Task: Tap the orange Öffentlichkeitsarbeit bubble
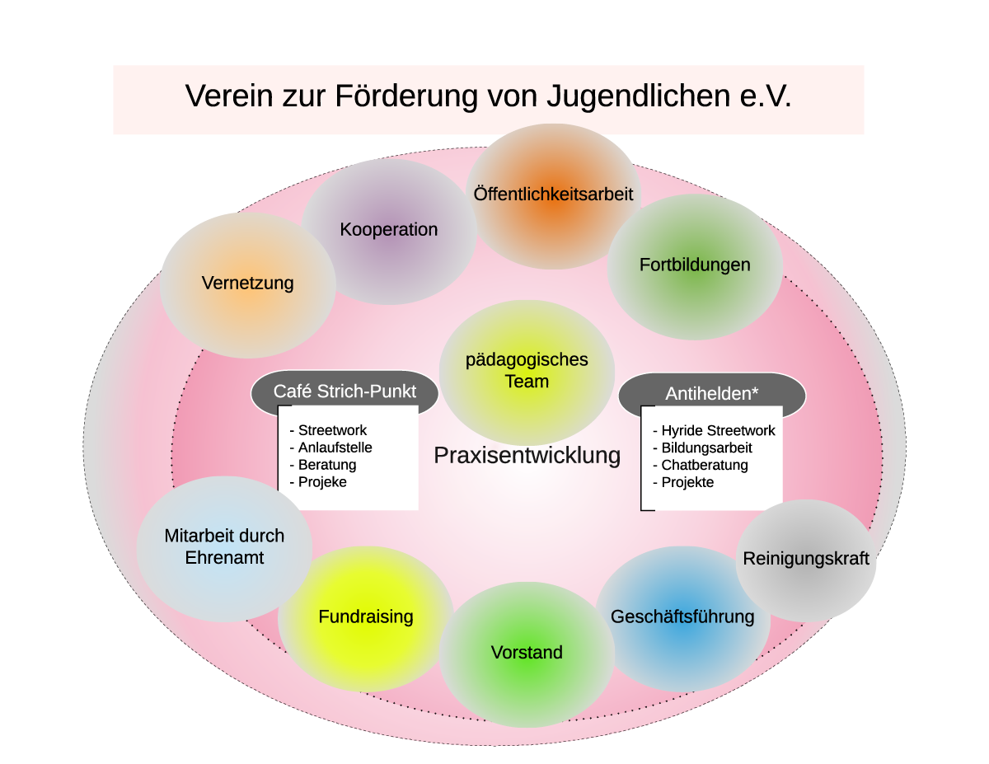tap(553, 195)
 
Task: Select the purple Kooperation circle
tap(388, 230)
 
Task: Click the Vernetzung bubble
tap(247, 284)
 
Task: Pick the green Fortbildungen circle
tap(695, 265)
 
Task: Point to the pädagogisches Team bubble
tap(527, 371)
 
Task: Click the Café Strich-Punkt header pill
tap(345, 391)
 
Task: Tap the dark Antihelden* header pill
tap(711, 394)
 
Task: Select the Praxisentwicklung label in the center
tap(527, 455)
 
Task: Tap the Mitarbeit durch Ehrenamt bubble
tap(224, 547)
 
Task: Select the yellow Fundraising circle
tap(365, 617)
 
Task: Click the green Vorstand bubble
tap(527, 653)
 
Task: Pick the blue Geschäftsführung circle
tap(682, 617)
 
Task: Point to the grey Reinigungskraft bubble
tap(806, 559)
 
